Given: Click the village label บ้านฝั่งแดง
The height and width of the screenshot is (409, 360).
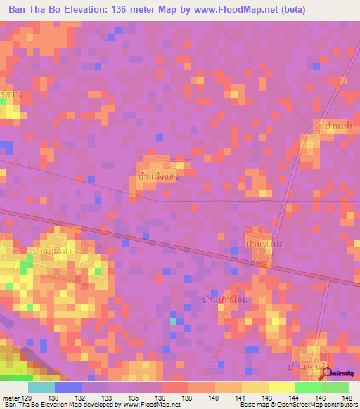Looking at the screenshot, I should (x=158, y=177).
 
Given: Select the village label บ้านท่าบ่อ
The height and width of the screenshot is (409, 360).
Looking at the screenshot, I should (x=264, y=243).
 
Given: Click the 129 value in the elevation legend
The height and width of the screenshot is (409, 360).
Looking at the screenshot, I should (x=27, y=398).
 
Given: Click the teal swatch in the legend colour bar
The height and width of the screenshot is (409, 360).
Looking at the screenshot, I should (x=41, y=387).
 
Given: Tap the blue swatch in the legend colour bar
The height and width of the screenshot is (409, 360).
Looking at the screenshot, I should (x=68, y=387).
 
